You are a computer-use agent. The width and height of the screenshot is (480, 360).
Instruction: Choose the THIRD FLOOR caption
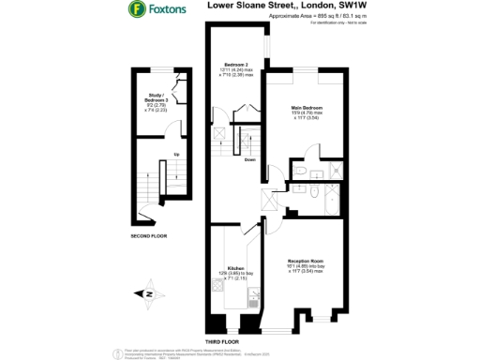(x=223, y=342)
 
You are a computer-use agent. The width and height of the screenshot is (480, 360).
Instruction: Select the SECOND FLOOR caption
(x=148, y=236)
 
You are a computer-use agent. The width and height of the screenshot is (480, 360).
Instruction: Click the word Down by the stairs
(x=249, y=160)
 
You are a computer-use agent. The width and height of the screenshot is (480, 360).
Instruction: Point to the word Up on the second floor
(x=175, y=155)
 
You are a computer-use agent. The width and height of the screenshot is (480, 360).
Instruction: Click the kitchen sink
(x=253, y=299)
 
